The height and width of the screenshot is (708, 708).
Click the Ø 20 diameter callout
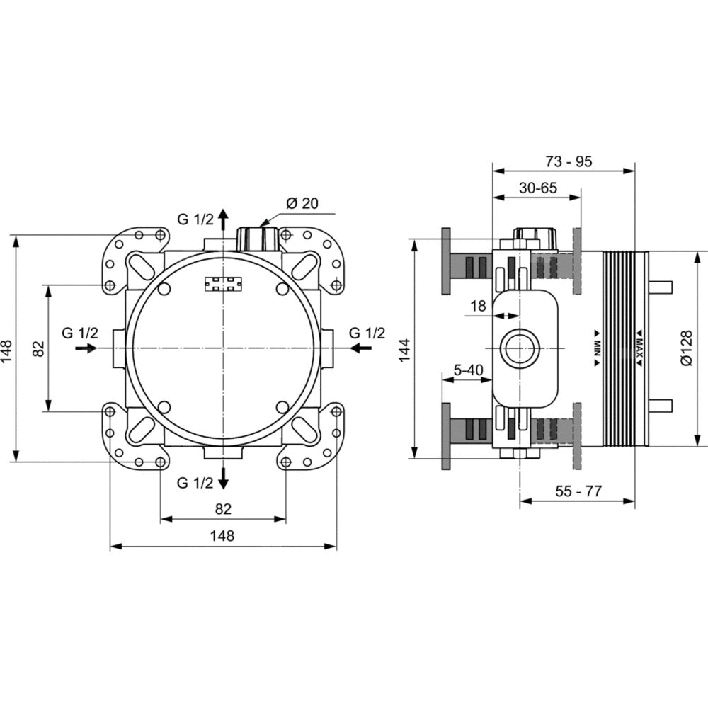click(x=302, y=203)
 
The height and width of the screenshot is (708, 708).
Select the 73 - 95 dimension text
click(x=569, y=161)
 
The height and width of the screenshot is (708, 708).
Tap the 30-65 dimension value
click(x=538, y=188)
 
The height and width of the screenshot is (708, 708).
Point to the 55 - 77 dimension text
click(x=578, y=491)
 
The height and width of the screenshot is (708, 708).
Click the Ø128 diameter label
click(x=686, y=348)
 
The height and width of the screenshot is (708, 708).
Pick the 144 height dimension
click(x=404, y=349)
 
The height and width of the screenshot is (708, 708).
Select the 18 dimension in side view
click(x=478, y=306)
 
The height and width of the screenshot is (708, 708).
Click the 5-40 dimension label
click(x=468, y=370)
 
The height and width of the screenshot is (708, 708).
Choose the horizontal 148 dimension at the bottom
click(x=222, y=535)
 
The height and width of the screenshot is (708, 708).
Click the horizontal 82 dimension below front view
click(x=223, y=509)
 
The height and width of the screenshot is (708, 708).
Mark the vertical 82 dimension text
click(x=39, y=348)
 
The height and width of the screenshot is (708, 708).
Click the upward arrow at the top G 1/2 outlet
click(x=222, y=219)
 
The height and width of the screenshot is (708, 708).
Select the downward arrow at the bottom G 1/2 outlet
click(x=222, y=479)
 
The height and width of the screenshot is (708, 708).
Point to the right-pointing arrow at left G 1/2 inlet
click(x=86, y=348)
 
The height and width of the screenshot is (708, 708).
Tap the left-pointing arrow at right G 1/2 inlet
click(x=361, y=348)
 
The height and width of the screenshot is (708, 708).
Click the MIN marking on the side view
click(x=597, y=343)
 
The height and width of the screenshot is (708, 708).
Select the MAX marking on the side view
click(x=639, y=343)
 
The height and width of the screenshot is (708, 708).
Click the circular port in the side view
click(x=520, y=348)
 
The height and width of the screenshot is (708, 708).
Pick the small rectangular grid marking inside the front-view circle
click(x=223, y=284)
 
